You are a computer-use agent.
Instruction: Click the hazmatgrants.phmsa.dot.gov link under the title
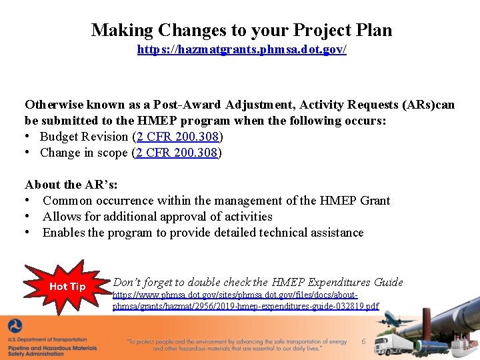[x=241, y=50]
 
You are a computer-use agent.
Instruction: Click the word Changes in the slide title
[x=175, y=30]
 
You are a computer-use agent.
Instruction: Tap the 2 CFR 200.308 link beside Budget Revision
[x=179, y=137]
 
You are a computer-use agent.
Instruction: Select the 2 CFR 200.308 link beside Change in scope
[x=178, y=153]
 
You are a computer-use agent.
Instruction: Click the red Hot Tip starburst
[x=67, y=287]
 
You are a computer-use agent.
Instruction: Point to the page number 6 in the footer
[x=363, y=341]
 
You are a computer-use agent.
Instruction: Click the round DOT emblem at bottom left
[x=15, y=327]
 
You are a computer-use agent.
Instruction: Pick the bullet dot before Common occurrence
[x=29, y=201]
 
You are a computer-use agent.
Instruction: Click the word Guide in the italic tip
[x=388, y=282]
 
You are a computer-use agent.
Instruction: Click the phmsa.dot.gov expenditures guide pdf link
[x=245, y=301]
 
